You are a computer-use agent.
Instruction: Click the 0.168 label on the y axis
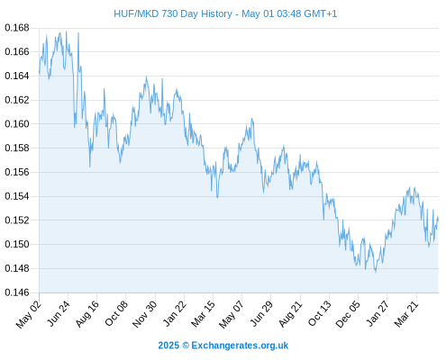(x=17, y=28)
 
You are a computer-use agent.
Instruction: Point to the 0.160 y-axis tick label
(x=17, y=124)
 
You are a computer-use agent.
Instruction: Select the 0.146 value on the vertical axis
(x=17, y=292)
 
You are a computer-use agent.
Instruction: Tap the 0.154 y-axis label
(x=17, y=196)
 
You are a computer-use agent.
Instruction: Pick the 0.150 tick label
(x=17, y=244)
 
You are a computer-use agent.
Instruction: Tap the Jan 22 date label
(x=174, y=314)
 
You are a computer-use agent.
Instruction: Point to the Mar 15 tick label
(x=203, y=314)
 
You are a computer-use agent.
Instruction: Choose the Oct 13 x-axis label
(x=320, y=314)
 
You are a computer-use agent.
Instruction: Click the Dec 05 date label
(x=348, y=314)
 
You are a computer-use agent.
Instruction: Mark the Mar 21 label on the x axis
(x=406, y=314)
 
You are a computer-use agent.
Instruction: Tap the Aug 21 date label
(x=290, y=314)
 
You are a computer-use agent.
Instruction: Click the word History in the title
(x=216, y=13)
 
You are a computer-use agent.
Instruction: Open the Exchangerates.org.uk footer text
(x=240, y=346)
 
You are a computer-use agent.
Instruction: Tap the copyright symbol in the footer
(x=186, y=346)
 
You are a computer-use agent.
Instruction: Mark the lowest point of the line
(x=376, y=273)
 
